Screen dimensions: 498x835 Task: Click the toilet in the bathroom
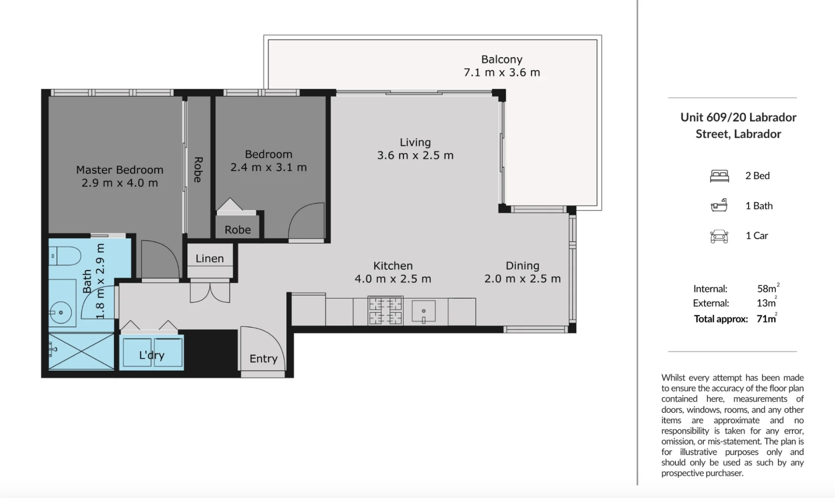click(x=66, y=256)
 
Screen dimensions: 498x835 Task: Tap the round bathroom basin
click(x=60, y=313)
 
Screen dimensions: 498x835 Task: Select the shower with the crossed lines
click(x=81, y=351)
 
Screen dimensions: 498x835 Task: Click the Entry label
click(x=263, y=359)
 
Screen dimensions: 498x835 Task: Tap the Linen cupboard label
click(x=210, y=259)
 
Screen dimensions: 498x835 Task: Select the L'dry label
click(x=152, y=355)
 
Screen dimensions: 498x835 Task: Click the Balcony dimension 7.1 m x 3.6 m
click(x=502, y=72)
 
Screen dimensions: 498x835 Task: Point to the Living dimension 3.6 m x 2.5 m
click(x=415, y=155)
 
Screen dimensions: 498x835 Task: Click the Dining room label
click(x=522, y=266)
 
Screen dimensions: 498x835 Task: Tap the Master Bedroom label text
click(x=120, y=170)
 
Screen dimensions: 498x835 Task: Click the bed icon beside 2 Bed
click(x=719, y=176)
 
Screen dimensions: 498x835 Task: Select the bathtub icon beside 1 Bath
click(x=719, y=206)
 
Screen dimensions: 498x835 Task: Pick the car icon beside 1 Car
click(x=719, y=236)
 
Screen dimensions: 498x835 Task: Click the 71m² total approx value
click(x=766, y=319)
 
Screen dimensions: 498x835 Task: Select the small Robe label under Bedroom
click(x=238, y=230)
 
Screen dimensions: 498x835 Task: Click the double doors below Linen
click(x=210, y=293)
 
